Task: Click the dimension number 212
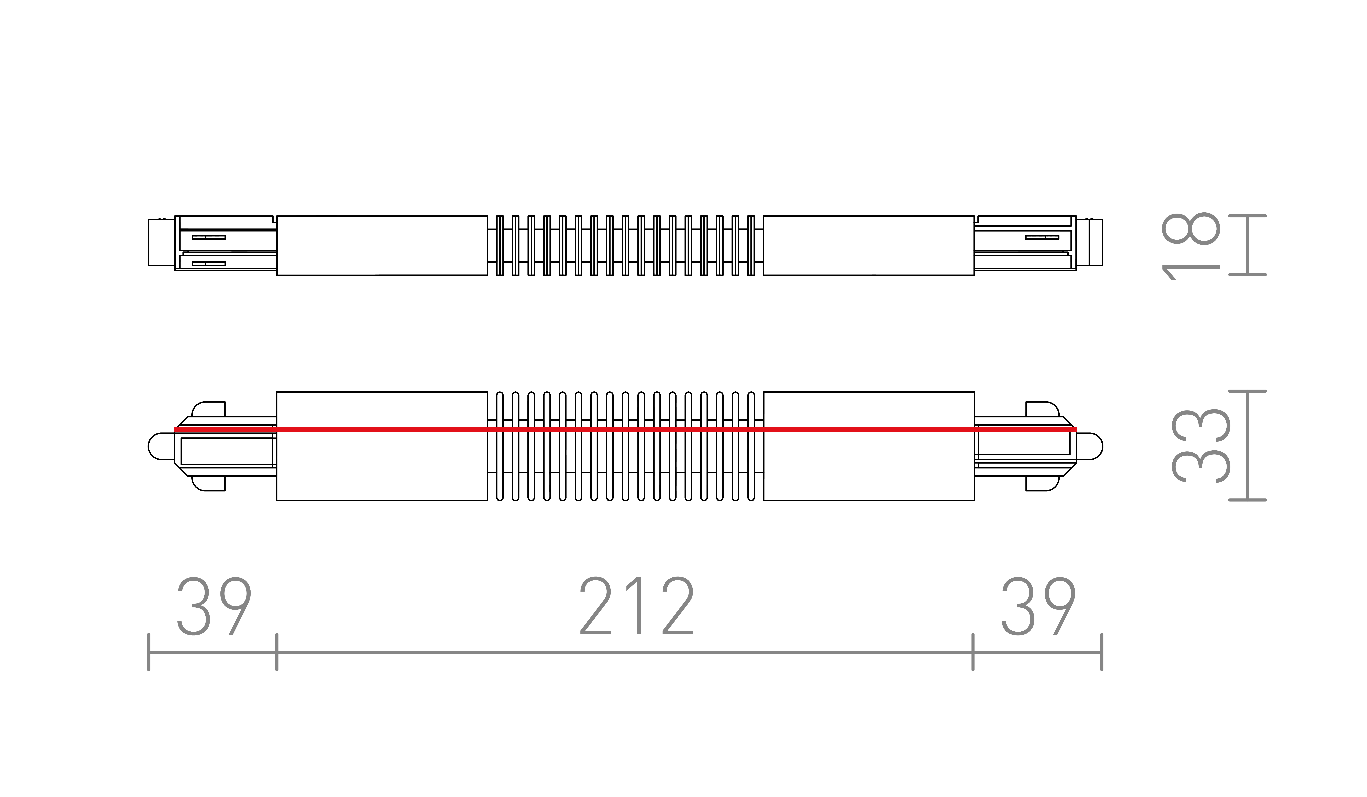pyautogui.click(x=637, y=606)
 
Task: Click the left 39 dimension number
pyautogui.click(x=214, y=606)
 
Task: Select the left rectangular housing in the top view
pyautogui.click(x=382, y=246)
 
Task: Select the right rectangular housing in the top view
pyautogui.click(x=869, y=246)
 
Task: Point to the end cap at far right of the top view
pyautogui.click(x=1089, y=242)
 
